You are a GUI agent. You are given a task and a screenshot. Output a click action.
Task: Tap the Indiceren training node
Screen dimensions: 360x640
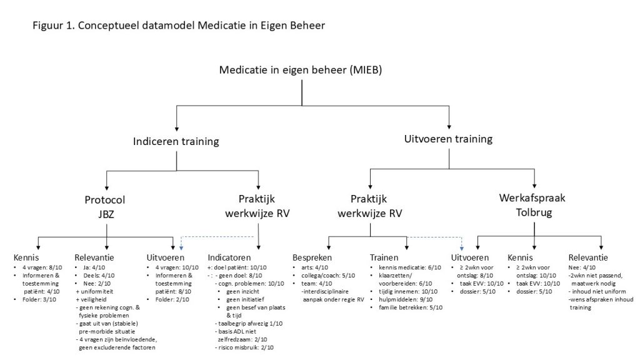click(x=176, y=141)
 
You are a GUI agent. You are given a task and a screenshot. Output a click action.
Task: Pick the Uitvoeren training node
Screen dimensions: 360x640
click(x=449, y=139)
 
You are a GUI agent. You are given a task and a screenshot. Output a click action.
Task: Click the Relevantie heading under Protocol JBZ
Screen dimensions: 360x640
click(x=94, y=257)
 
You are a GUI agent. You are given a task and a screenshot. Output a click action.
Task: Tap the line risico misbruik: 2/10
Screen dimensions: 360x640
click(x=247, y=347)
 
